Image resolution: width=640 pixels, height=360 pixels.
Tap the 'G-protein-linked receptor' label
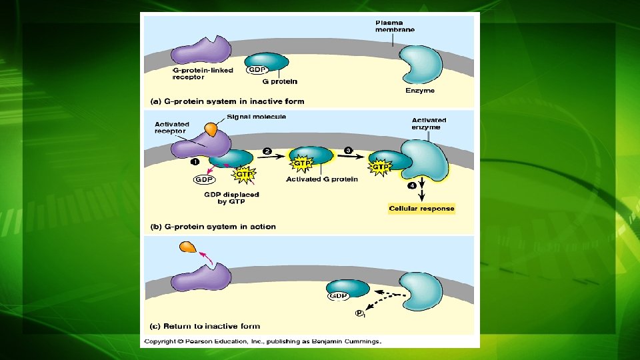pyautogui.click(x=198, y=73)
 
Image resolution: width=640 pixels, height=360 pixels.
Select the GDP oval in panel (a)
pyautogui.click(x=257, y=69)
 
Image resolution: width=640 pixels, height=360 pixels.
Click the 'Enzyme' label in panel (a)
pyautogui.click(x=420, y=91)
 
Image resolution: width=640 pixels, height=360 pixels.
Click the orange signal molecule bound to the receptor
pyautogui.click(x=211, y=129)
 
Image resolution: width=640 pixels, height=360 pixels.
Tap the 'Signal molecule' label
pyautogui.click(x=256, y=117)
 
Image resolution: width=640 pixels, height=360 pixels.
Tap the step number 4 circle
pyautogui.click(x=412, y=186)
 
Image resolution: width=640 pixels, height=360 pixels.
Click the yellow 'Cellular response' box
pyautogui.click(x=421, y=209)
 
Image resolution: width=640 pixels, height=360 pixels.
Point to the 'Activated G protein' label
pyautogui.click(x=321, y=179)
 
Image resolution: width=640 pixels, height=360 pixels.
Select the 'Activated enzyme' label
pyautogui.click(x=429, y=124)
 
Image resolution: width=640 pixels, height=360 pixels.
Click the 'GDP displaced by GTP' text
pyautogui.click(x=231, y=198)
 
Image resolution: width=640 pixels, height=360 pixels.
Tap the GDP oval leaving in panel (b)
pyautogui.click(x=203, y=179)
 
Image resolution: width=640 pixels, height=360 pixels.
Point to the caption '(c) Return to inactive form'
pyautogui.click(x=204, y=327)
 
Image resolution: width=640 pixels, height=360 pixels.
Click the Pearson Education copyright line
pyautogui.click(x=263, y=341)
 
